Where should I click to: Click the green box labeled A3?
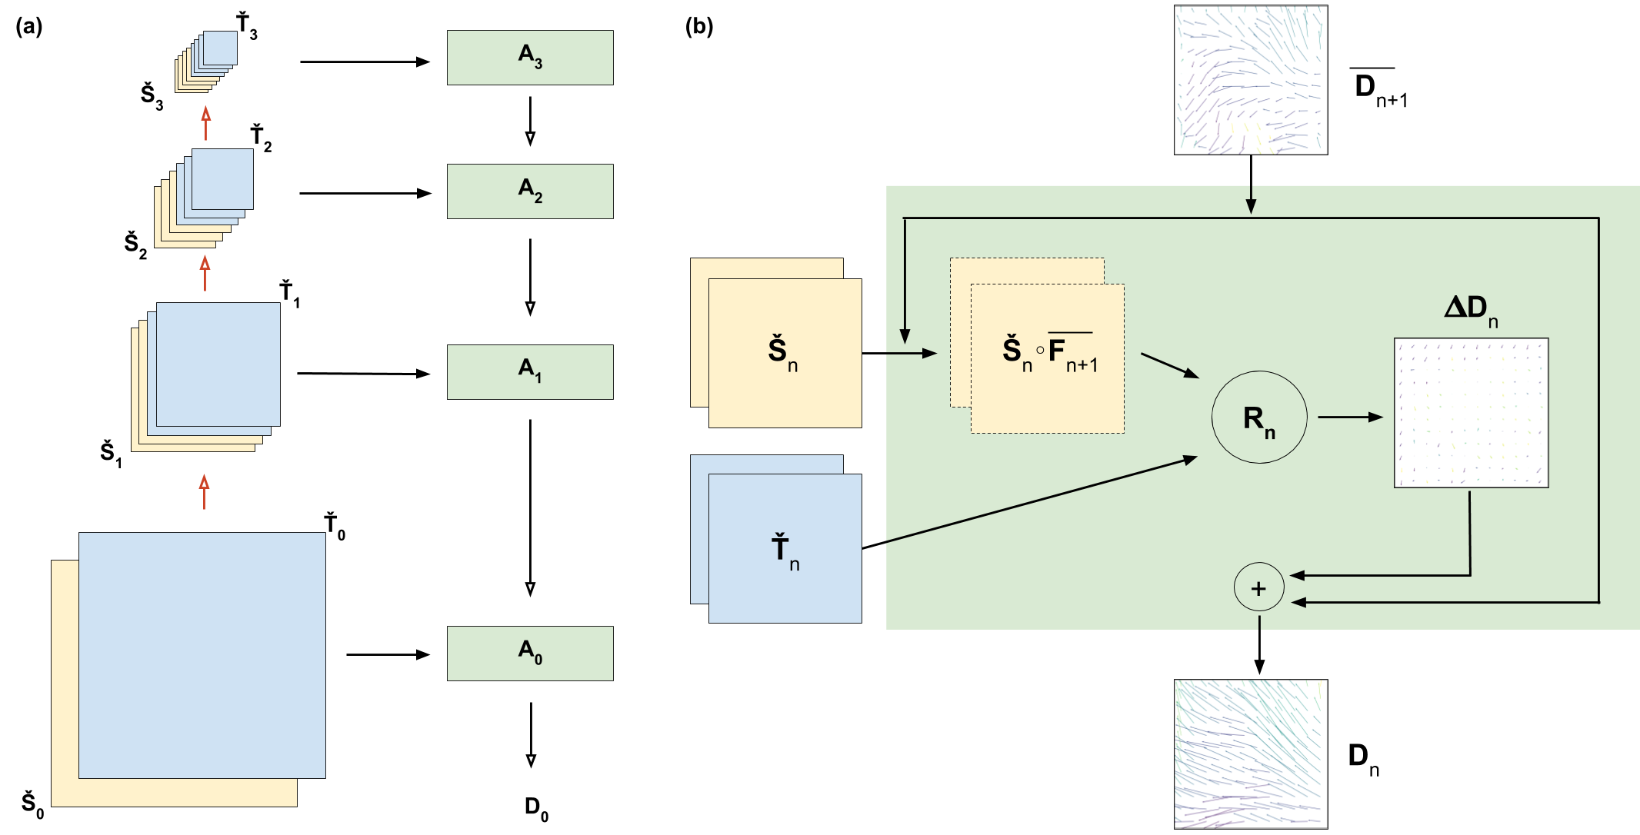point(530,58)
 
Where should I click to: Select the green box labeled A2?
point(530,191)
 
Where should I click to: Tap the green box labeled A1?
point(530,372)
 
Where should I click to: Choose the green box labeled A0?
point(530,654)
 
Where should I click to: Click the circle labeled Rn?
point(1259,417)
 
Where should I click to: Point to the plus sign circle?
point(1258,589)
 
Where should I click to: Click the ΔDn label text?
point(1470,309)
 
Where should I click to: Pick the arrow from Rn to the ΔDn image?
point(1350,417)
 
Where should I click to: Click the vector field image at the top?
point(1251,80)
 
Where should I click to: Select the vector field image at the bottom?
point(1251,753)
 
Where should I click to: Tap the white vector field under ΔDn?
point(1471,413)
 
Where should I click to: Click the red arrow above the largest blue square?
point(204,492)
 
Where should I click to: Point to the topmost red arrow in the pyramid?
point(205,123)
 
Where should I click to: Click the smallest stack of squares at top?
point(206,62)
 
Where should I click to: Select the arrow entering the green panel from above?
point(1251,199)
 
